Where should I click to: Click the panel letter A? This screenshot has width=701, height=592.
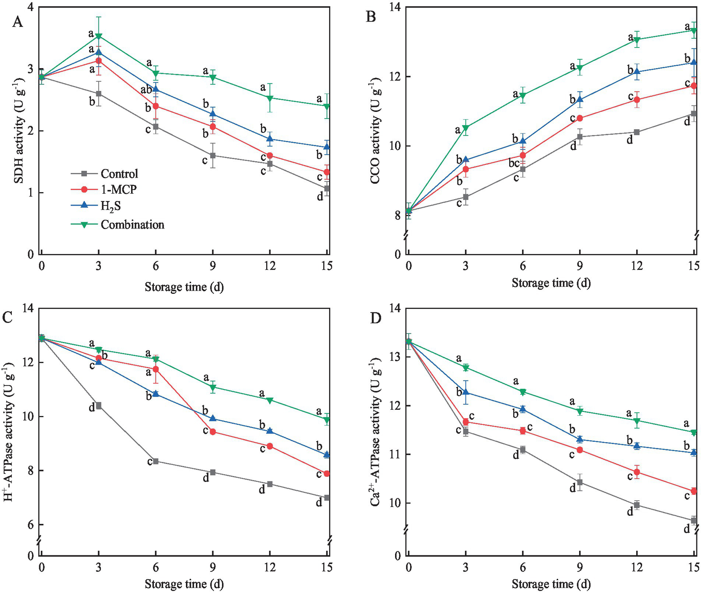(x=17, y=22)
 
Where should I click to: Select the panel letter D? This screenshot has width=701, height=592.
(x=375, y=318)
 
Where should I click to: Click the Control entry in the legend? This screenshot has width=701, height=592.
(x=119, y=174)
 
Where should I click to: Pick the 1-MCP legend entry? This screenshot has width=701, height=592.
(x=118, y=190)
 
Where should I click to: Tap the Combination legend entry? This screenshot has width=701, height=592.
(x=132, y=224)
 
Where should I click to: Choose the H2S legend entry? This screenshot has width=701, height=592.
(x=111, y=206)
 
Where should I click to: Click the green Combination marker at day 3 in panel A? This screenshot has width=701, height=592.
(x=99, y=36)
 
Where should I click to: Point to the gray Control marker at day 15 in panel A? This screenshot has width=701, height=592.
(x=327, y=188)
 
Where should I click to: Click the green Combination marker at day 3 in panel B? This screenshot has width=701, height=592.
(x=466, y=127)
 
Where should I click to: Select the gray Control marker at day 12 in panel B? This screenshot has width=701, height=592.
(x=637, y=132)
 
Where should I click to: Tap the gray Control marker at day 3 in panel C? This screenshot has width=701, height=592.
(x=99, y=406)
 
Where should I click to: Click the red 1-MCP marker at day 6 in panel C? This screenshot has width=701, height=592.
(x=156, y=369)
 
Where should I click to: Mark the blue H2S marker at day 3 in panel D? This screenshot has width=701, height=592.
(x=466, y=392)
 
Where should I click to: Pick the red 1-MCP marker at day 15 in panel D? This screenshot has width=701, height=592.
(x=694, y=491)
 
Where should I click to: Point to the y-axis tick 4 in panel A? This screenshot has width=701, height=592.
(x=31, y=7)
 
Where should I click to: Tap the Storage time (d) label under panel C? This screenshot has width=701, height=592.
(x=184, y=584)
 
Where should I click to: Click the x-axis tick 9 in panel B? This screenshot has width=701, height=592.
(x=580, y=265)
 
